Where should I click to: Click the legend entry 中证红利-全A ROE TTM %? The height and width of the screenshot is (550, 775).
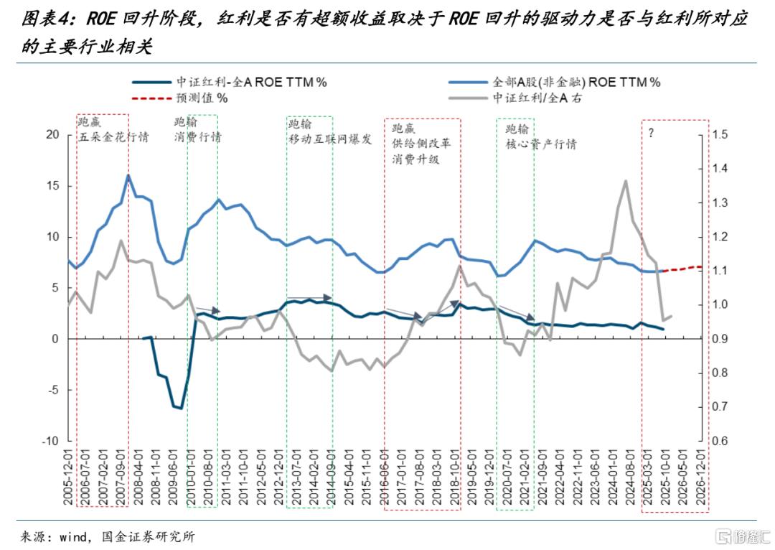pyautogui.click(x=230, y=82)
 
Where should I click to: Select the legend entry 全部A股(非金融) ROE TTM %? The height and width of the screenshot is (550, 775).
pyautogui.click(x=555, y=82)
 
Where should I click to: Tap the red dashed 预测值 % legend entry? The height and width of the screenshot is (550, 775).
pyautogui.click(x=180, y=98)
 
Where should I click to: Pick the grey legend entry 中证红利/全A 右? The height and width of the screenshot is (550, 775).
pyautogui.click(x=515, y=98)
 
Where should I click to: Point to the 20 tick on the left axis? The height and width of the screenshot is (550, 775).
pyautogui.click(x=52, y=134)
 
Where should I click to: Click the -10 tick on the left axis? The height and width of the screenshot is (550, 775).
pyautogui.click(x=50, y=441)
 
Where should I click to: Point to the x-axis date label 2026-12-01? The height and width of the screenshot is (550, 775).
pyautogui.click(x=701, y=477)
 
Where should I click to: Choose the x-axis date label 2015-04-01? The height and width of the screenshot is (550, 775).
pyautogui.click(x=349, y=477)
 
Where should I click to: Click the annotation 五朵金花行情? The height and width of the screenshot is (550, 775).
pyautogui.click(x=113, y=136)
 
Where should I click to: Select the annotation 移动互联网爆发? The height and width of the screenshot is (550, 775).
pyautogui.click(x=330, y=139)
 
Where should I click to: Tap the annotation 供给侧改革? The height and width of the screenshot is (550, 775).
pyautogui.click(x=421, y=144)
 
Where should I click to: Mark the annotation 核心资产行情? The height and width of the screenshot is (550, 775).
pyautogui.click(x=541, y=144)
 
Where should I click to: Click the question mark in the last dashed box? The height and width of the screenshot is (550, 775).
pyautogui.click(x=651, y=133)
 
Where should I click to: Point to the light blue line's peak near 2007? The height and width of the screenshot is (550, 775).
pyautogui.click(x=128, y=175)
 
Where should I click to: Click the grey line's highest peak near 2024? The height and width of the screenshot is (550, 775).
pyautogui.click(x=626, y=180)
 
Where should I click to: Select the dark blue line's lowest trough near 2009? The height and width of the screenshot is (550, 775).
pyautogui.click(x=182, y=409)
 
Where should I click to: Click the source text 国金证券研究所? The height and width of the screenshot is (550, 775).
pyautogui.click(x=149, y=536)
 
